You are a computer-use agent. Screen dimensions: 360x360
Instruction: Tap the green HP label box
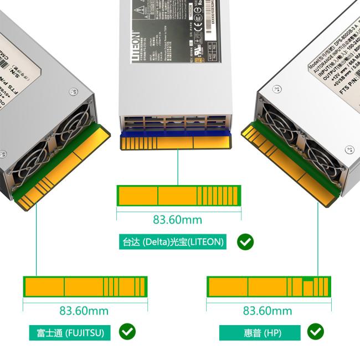point(260,333)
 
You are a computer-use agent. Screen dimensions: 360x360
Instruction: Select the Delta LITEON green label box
point(173,242)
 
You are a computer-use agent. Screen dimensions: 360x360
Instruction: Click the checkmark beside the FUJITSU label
point(127,332)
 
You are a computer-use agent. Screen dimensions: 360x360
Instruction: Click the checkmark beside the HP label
point(316,332)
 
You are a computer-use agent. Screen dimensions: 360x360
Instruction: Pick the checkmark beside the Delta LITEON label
point(245,241)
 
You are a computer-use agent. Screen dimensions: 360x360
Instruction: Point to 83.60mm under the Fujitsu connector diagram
point(84,311)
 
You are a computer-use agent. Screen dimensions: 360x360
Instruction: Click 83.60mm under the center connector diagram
point(178,220)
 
